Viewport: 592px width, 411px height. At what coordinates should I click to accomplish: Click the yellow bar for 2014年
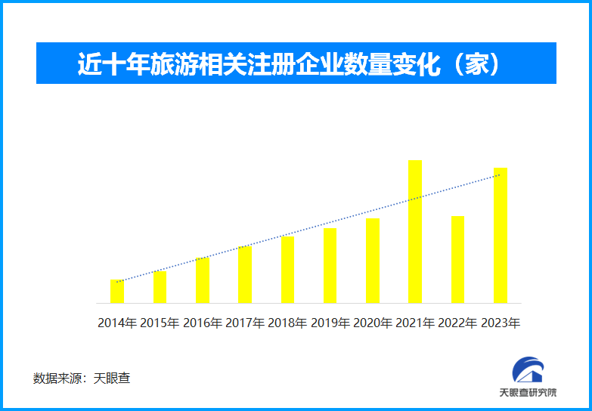tap(116, 292)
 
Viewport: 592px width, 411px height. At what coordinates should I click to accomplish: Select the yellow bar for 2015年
tap(160, 288)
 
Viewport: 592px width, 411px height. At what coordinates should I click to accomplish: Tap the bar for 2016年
tap(203, 281)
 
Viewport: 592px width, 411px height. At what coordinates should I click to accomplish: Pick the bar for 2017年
tap(245, 275)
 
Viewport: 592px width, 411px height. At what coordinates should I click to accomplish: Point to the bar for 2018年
tap(288, 270)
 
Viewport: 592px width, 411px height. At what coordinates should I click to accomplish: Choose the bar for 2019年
tap(330, 266)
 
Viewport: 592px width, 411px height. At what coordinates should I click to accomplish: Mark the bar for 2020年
tap(373, 261)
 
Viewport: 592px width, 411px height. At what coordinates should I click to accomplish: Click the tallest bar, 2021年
tap(415, 232)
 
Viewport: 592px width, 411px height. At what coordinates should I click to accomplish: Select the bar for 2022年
tap(457, 260)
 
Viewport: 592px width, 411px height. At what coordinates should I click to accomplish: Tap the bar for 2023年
tap(501, 236)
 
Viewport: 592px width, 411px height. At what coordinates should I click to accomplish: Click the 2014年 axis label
tap(117, 323)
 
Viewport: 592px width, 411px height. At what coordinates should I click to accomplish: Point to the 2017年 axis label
tap(245, 323)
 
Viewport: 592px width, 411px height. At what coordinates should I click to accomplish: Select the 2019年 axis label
tap(330, 323)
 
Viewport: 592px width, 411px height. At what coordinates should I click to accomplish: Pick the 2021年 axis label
tap(415, 323)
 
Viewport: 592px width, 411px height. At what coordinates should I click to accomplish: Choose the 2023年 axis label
tap(501, 323)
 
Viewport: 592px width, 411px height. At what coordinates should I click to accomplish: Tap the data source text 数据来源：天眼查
tap(82, 378)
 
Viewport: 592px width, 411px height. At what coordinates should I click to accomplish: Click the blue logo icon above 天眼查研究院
tap(527, 369)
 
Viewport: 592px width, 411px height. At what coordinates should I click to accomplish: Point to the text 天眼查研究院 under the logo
tap(528, 393)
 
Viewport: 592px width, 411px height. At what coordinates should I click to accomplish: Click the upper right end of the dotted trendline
tap(500, 175)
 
